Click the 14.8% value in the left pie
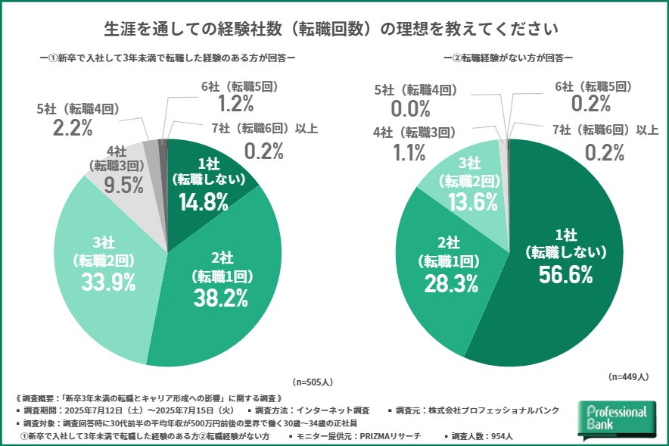[204, 202]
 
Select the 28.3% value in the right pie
[450, 283]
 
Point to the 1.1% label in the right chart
[408, 153]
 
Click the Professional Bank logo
[618, 420]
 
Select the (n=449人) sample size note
[627, 376]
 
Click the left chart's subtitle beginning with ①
[167, 57]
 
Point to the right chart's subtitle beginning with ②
[508, 57]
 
